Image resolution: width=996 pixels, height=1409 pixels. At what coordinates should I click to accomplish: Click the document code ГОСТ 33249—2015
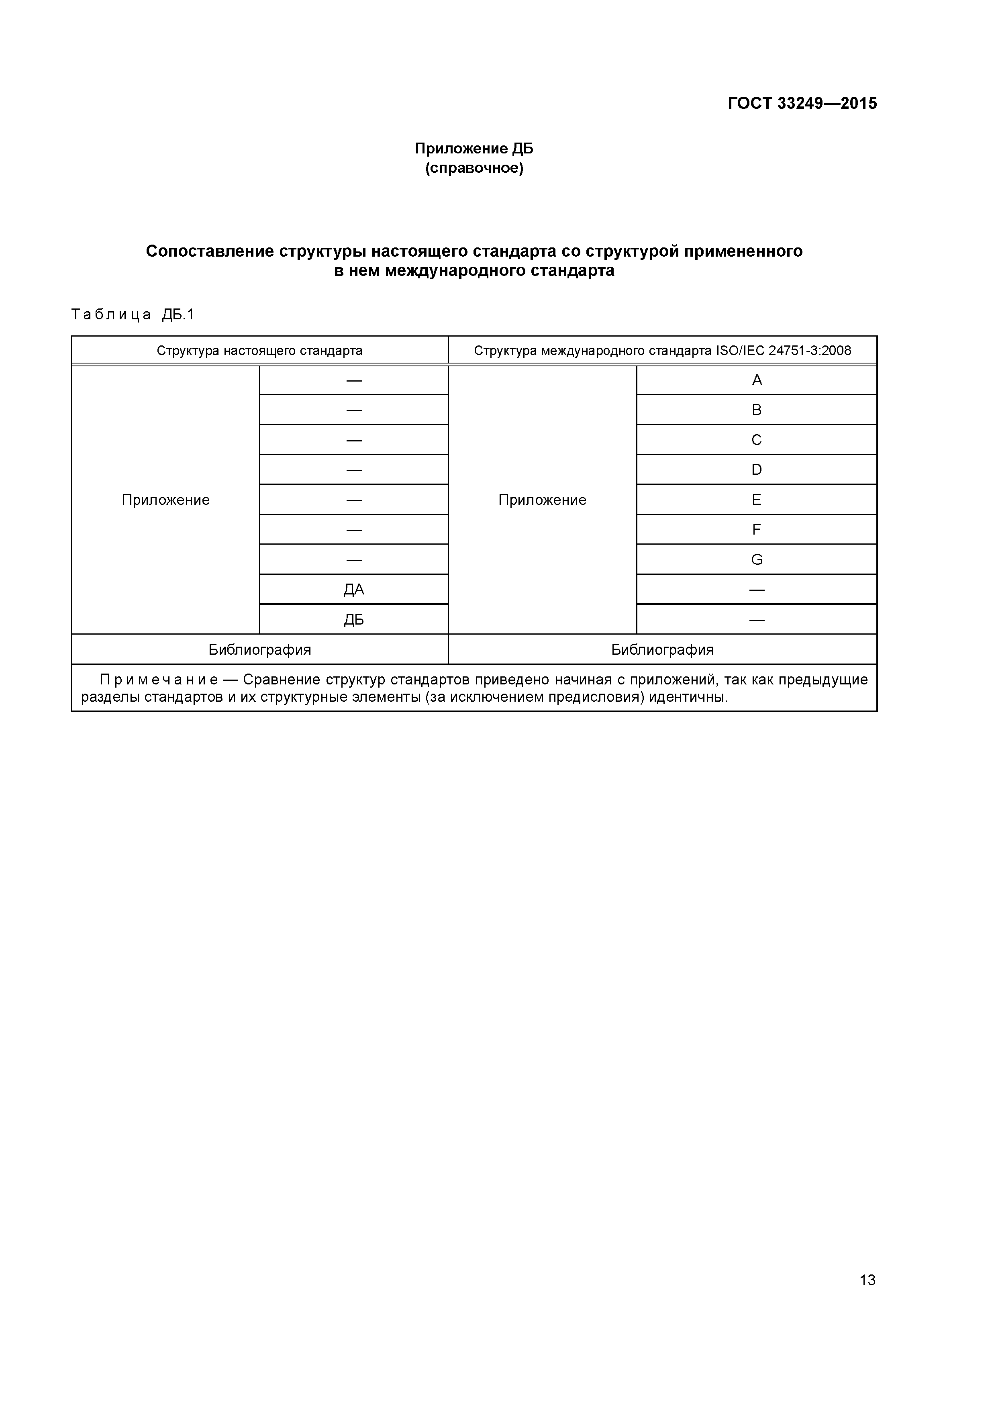coord(802,103)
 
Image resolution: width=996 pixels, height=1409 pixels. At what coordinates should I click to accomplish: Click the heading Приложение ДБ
coord(474,149)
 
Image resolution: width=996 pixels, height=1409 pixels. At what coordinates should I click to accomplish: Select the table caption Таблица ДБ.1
coord(133,315)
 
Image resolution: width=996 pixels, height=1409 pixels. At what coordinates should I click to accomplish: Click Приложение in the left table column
coord(166,500)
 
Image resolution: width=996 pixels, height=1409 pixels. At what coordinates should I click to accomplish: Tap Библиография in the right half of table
coord(662,650)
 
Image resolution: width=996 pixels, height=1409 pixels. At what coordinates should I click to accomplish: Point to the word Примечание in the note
coord(158,680)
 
